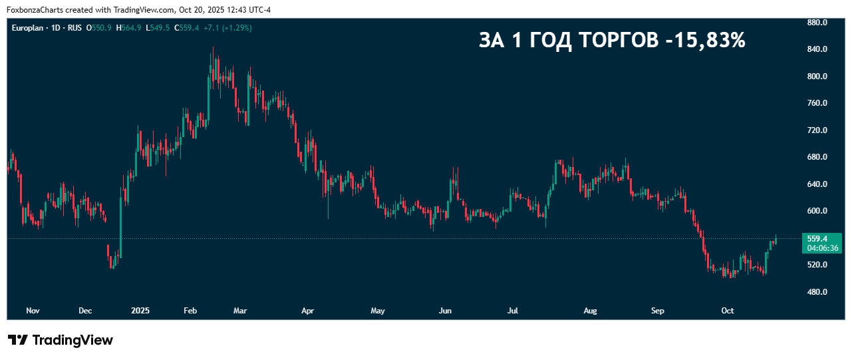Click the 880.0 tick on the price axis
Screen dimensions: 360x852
point(817,23)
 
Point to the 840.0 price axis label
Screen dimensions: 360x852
point(817,49)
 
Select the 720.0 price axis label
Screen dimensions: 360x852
point(817,130)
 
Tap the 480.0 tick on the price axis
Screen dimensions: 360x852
point(817,292)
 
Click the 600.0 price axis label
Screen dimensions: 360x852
point(817,211)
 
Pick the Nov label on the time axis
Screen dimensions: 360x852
point(33,311)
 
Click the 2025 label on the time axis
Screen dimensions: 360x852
point(140,311)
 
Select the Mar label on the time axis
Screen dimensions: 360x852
point(240,311)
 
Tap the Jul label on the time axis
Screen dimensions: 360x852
point(513,311)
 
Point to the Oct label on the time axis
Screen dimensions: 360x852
point(728,311)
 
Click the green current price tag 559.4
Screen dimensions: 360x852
point(817,238)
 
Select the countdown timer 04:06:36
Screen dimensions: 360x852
point(823,248)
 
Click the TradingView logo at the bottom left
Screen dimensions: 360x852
point(61,340)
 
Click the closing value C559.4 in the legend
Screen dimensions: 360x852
point(187,28)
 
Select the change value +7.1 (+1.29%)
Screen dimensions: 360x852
point(227,28)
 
